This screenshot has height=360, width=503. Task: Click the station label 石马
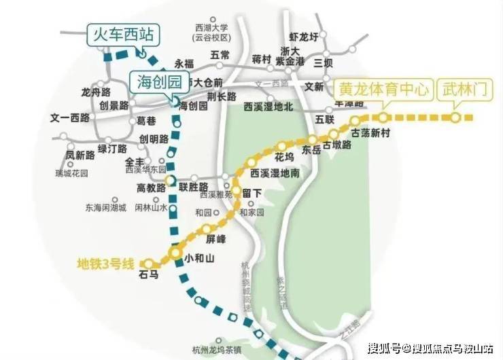click(x=148, y=275)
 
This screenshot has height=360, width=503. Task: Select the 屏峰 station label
click(x=215, y=239)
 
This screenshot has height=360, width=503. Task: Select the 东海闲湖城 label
click(x=105, y=208)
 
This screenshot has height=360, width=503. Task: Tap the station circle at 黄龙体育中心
click(x=383, y=118)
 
